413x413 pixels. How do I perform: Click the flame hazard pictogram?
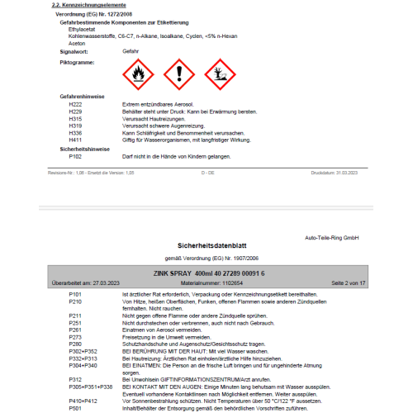[138, 74]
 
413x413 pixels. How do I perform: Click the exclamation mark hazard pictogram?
[179, 74]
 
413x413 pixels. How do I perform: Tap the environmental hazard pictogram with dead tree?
[219, 74]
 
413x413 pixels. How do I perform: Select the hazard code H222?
[75, 105]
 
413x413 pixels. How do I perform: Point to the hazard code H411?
[75, 139]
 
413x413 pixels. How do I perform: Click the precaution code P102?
[75, 156]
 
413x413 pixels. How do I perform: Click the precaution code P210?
[75, 303]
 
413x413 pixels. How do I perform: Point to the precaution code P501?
[75, 407]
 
